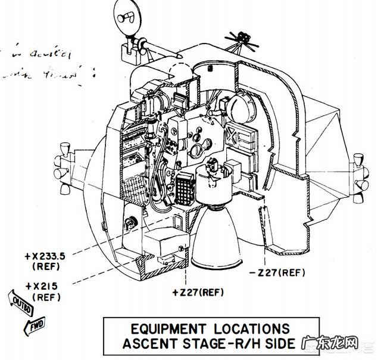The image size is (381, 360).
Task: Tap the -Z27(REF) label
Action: pos(282,272)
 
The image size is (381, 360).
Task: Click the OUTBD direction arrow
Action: pos(18,302)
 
